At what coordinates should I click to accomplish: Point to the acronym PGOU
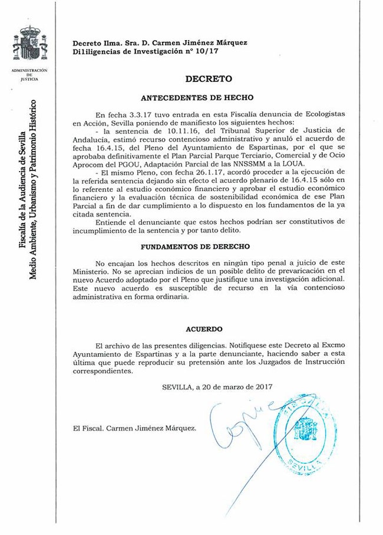[140, 163]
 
